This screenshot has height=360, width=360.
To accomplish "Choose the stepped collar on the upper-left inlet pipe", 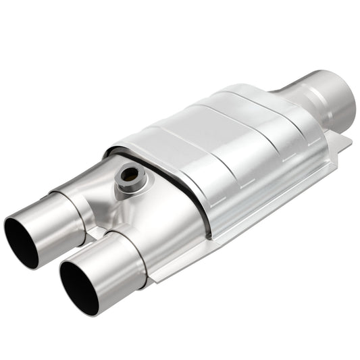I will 76,203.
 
